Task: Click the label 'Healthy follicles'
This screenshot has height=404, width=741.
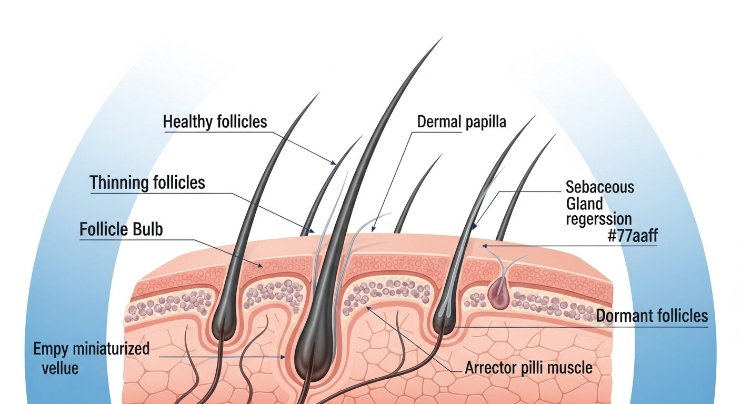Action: (x=215, y=122)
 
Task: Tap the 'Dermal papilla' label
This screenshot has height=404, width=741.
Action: (x=461, y=122)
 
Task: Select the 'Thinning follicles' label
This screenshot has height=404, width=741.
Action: (x=147, y=183)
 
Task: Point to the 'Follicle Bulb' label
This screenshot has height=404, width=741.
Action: (x=121, y=230)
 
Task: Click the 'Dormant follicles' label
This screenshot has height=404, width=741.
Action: (x=652, y=316)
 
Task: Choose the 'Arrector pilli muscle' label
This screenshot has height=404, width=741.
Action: (x=528, y=367)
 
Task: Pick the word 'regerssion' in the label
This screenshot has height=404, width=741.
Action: (x=598, y=218)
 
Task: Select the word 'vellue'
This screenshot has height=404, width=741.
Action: (x=60, y=367)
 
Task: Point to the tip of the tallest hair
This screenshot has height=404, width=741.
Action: (x=441, y=38)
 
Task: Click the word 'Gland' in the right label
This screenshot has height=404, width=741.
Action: (x=584, y=203)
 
